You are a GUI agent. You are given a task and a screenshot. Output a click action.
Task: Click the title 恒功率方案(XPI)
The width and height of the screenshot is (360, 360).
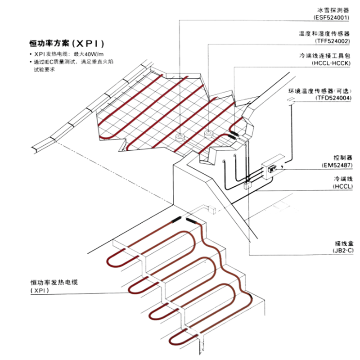[x=67, y=44]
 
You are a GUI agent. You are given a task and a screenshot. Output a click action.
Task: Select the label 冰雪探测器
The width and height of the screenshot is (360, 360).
[x=333, y=9]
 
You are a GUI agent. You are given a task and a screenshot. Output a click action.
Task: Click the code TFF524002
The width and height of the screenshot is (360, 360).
[x=332, y=41]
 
